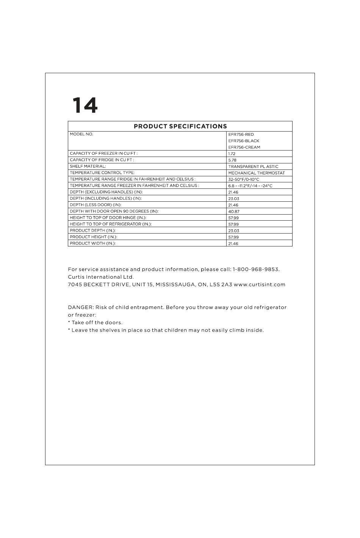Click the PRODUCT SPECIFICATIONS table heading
(180, 126)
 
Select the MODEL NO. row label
(81, 134)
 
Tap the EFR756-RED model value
(241, 135)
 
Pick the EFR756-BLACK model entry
(244, 141)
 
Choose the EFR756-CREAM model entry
(244, 147)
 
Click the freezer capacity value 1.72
(232, 154)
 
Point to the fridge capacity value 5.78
(232, 160)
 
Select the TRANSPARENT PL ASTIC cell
(253, 167)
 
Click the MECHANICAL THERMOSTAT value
(257, 173)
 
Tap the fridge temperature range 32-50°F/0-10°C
(244, 180)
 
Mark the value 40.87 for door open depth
(233, 212)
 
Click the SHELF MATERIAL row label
(88, 166)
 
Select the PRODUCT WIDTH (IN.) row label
(92, 243)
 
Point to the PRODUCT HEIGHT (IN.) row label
(93, 237)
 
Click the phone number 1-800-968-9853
(256, 270)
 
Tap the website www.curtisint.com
(260, 285)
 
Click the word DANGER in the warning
(81, 307)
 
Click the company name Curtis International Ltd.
(101, 277)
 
